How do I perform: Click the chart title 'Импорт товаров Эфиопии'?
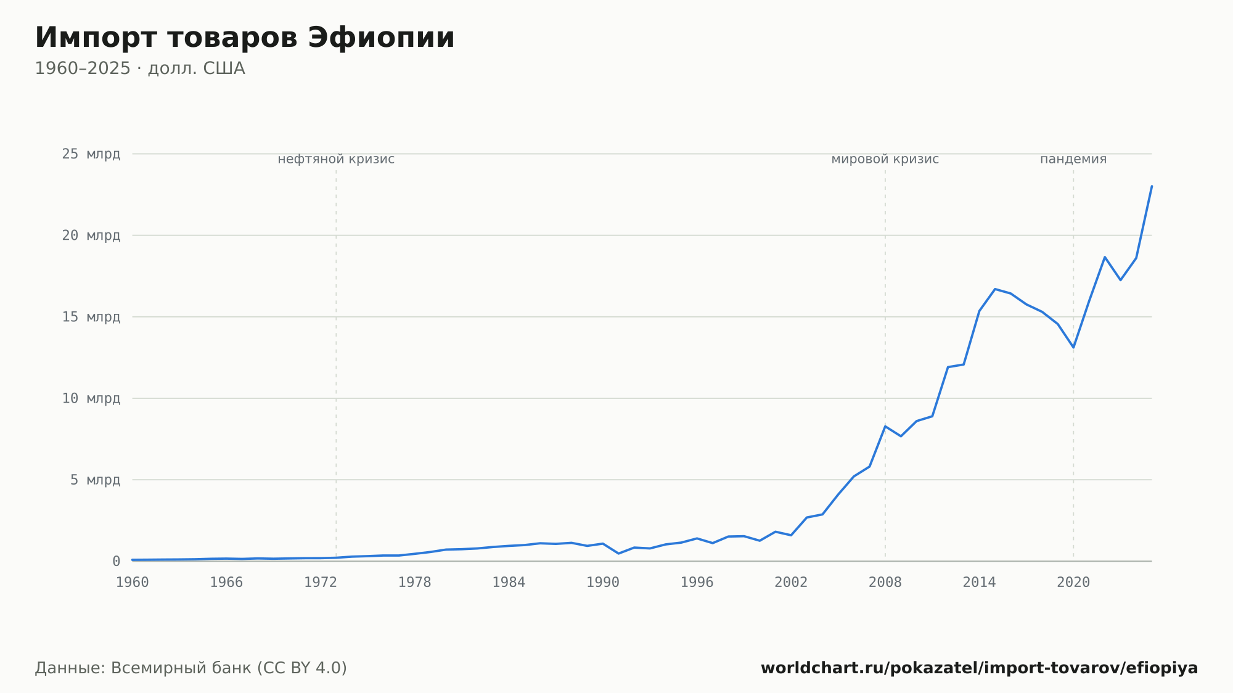pos(245,38)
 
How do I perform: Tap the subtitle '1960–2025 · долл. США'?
pos(140,68)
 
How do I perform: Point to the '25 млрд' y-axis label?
pos(91,154)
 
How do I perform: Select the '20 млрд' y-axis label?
pos(91,236)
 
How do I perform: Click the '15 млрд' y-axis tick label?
pos(91,317)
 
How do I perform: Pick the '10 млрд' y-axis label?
pos(91,398)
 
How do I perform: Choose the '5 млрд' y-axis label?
pos(95,480)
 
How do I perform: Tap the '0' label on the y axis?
pos(116,562)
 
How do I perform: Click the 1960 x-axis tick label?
pos(133,583)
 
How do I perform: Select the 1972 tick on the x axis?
pos(321,583)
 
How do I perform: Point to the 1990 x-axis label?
pos(603,583)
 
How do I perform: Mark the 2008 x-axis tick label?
pos(885,583)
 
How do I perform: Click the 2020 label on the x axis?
pos(1073,583)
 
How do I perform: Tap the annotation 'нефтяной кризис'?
pos(336,159)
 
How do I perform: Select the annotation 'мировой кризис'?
pos(885,159)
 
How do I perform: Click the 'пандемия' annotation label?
pos(1073,159)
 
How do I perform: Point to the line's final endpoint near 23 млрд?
pos(1152,186)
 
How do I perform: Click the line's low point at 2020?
pos(1073,348)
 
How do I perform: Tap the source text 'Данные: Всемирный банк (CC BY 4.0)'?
pos(191,668)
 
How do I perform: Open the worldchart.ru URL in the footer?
pos(980,668)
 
